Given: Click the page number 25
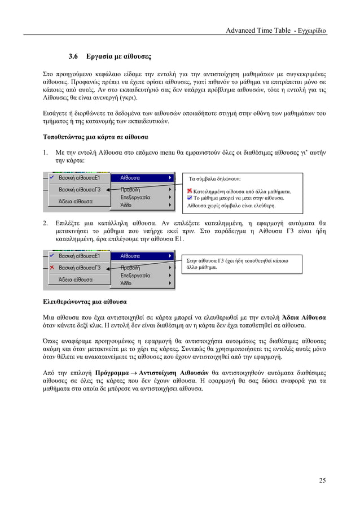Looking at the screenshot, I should (322, 481).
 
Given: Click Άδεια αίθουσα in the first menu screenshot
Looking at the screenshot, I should (76, 201).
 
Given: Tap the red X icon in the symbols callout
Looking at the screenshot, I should (190, 192).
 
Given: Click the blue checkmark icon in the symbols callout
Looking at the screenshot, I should (190, 199).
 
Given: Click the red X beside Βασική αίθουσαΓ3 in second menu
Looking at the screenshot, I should (52, 267).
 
